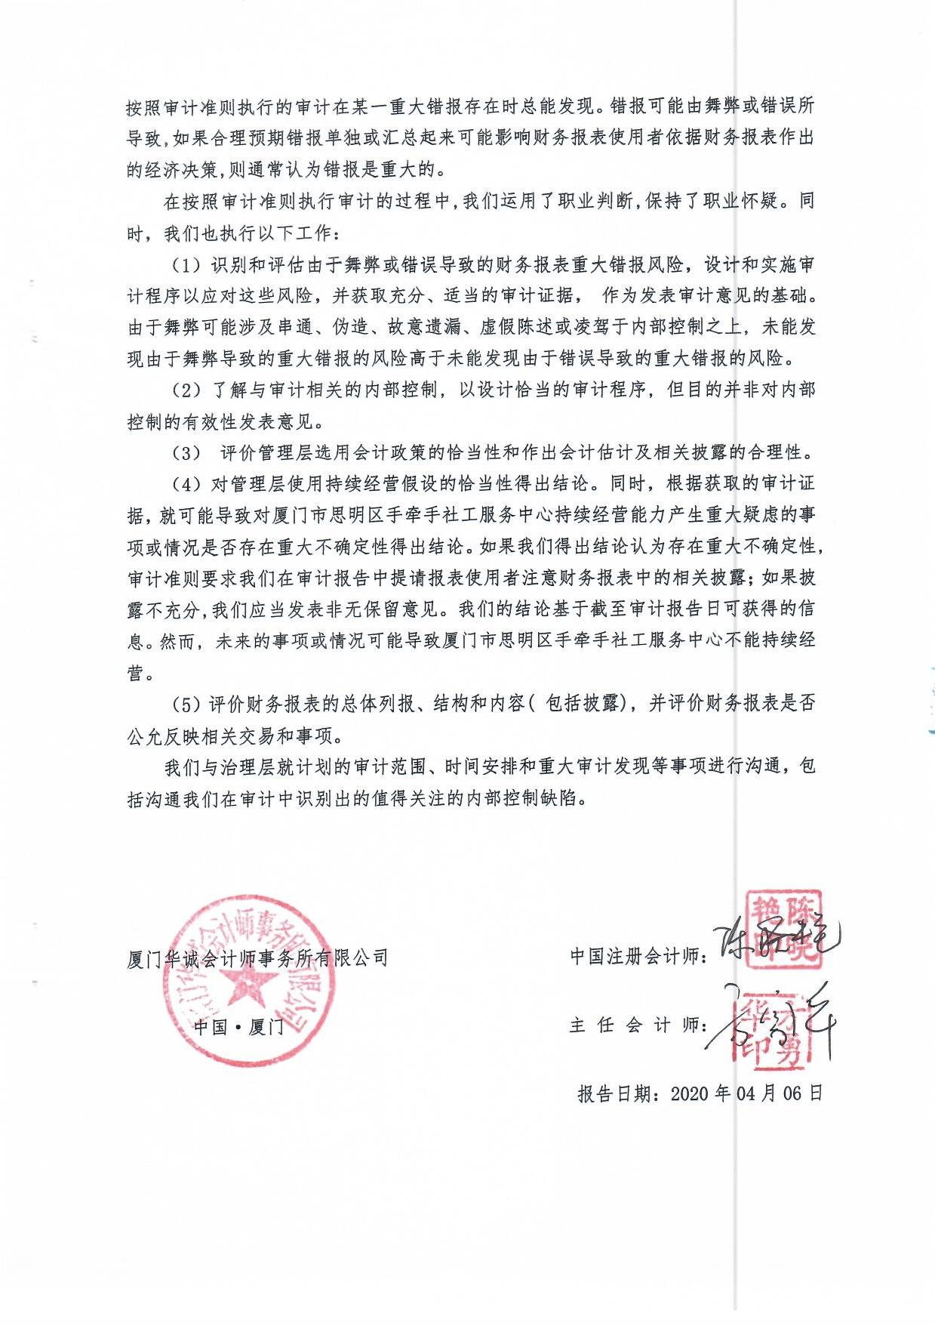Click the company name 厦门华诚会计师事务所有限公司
(x=257, y=958)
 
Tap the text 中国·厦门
(x=238, y=1027)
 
